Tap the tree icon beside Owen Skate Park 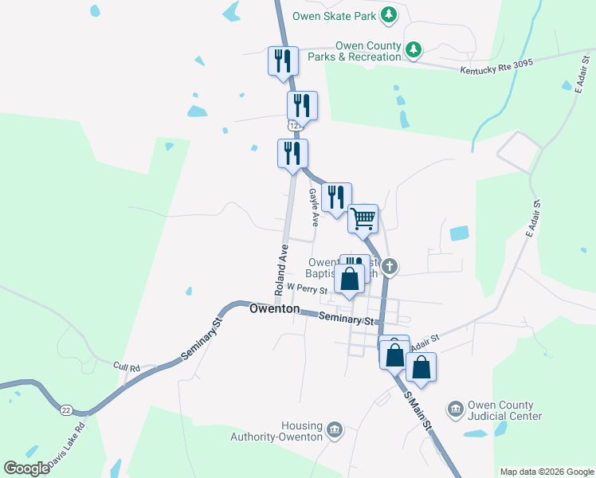[389, 14]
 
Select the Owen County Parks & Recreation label [368, 51]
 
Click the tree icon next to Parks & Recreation [414, 50]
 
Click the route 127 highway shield [295, 126]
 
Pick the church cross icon [389, 266]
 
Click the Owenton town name [274, 308]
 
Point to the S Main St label [418, 411]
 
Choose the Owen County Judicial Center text [504, 410]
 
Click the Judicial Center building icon [455, 409]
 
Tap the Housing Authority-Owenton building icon [334, 430]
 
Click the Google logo [26, 468]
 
